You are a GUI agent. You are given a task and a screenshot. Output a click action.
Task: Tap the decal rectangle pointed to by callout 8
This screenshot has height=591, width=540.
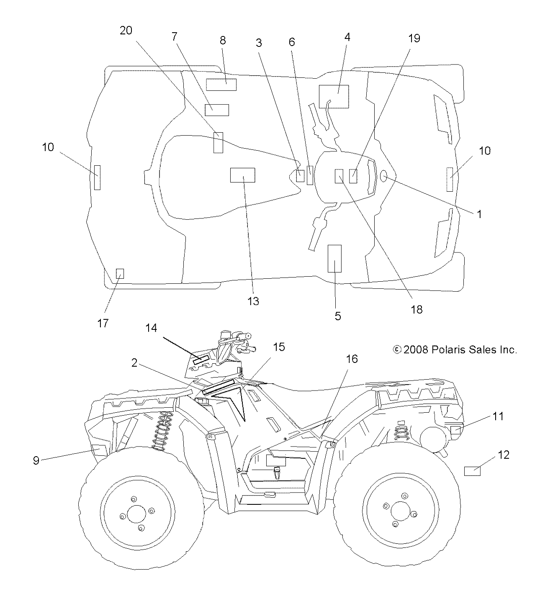(x=221, y=85)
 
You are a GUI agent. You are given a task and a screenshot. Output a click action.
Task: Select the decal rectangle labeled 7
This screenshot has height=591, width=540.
(x=216, y=110)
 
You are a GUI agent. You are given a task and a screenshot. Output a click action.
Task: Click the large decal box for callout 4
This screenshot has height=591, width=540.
(x=334, y=96)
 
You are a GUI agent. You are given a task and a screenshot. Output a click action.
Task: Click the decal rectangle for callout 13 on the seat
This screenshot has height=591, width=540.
(x=242, y=175)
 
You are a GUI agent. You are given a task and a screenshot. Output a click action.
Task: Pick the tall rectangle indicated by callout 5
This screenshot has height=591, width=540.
(x=334, y=259)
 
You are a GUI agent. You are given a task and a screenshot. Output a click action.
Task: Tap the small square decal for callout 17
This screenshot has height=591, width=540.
(x=120, y=273)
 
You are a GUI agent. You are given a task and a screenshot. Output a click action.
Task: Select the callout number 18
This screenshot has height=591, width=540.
(x=417, y=309)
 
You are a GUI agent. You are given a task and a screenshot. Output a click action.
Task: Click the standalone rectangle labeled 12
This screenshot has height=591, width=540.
(x=472, y=471)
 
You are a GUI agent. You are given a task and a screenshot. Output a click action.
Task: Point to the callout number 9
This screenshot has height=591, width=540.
(x=36, y=460)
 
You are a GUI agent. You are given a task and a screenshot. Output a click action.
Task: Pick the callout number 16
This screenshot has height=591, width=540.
(x=352, y=359)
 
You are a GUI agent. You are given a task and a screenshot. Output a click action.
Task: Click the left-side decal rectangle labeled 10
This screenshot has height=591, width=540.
(x=97, y=177)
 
